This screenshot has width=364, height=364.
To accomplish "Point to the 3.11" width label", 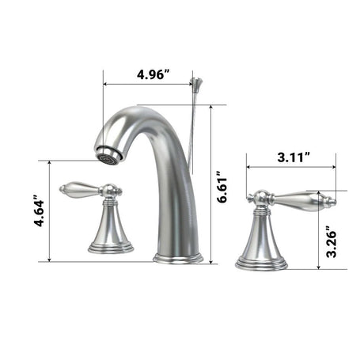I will (x=294, y=157).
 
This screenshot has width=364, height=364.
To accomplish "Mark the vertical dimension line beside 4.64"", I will (x=50, y=210).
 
